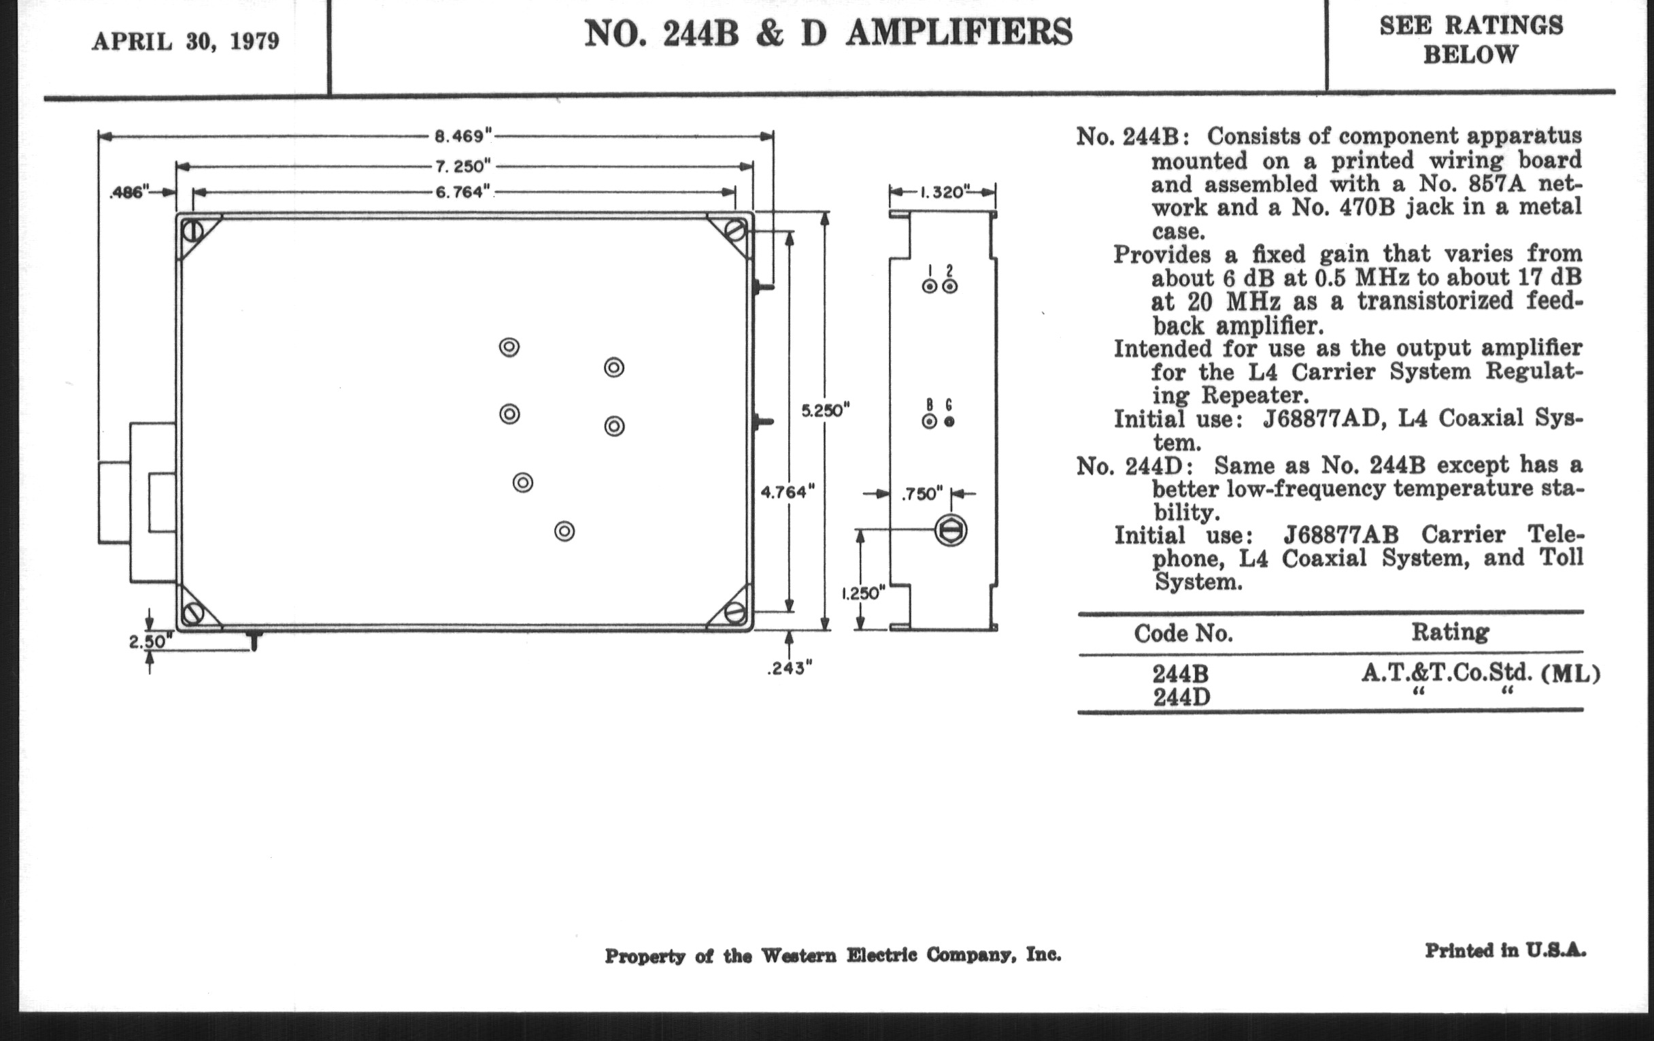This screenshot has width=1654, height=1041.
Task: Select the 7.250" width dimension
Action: pyautogui.click(x=464, y=166)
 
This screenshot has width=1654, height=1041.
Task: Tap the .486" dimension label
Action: pyautogui.click(x=129, y=193)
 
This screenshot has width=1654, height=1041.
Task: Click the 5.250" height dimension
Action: pyautogui.click(x=826, y=411)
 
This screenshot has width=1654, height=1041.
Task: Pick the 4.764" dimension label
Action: pyautogui.click(x=788, y=492)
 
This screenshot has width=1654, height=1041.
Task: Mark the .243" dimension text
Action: pyautogui.click(x=790, y=668)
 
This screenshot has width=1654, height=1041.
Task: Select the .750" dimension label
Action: pyautogui.click(x=922, y=494)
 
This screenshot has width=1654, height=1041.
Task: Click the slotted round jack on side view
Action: pyautogui.click(x=951, y=531)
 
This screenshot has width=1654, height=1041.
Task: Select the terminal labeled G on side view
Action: pyautogui.click(x=949, y=422)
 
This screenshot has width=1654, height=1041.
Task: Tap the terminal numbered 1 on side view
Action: pyautogui.click(x=929, y=286)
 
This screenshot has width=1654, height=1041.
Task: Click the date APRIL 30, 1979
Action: pyautogui.click(x=186, y=42)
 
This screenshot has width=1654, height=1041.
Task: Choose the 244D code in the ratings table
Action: pyautogui.click(x=1181, y=697)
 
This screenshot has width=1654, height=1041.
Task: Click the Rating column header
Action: pyautogui.click(x=1450, y=632)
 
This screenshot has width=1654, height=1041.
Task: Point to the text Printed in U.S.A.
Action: pyautogui.click(x=1506, y=951)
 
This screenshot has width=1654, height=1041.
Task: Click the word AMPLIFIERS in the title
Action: pyautogui.click(x=959, y=33)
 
